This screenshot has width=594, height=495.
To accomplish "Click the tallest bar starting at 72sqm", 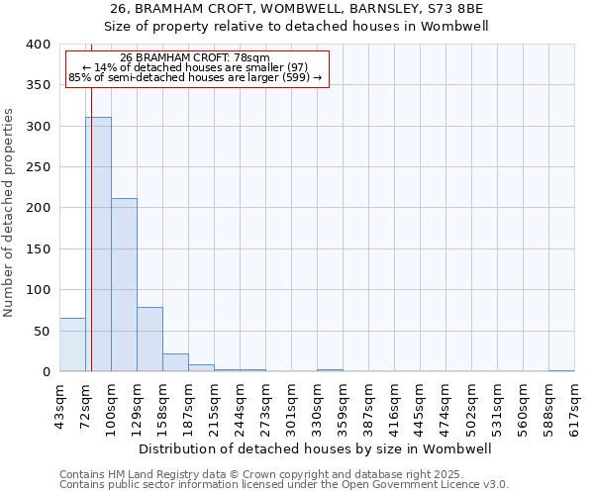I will (98, 245).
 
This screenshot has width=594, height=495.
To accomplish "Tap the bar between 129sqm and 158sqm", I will (149, 340).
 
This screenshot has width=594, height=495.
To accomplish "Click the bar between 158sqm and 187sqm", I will (175, 362).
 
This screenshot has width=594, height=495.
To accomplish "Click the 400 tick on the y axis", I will (37, 45).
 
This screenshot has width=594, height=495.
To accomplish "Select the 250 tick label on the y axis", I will (37, 167).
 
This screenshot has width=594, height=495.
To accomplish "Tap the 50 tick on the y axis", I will (41, 331).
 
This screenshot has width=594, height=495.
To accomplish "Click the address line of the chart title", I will (297, 8).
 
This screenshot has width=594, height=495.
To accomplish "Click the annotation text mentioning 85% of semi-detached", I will (195, 77).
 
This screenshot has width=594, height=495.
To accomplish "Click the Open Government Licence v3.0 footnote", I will (284, 485).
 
